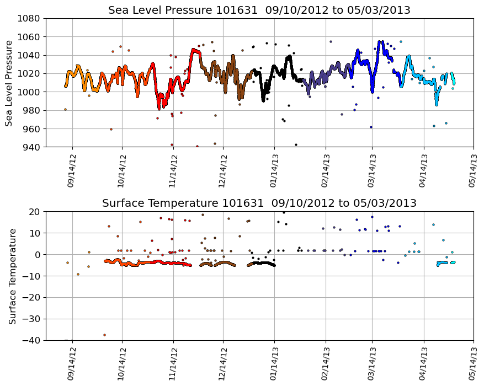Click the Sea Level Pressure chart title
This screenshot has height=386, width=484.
[259, 10]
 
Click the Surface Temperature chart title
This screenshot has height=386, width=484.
[259, 203]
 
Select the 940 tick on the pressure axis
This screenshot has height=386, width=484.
[32, 147]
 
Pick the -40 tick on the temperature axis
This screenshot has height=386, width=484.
[32, 341]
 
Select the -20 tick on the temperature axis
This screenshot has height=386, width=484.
[32, 298]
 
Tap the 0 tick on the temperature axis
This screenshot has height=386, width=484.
[38, 255]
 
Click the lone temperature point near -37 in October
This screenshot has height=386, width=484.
[104, 335]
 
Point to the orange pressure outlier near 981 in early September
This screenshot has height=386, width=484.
[65, 109]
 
